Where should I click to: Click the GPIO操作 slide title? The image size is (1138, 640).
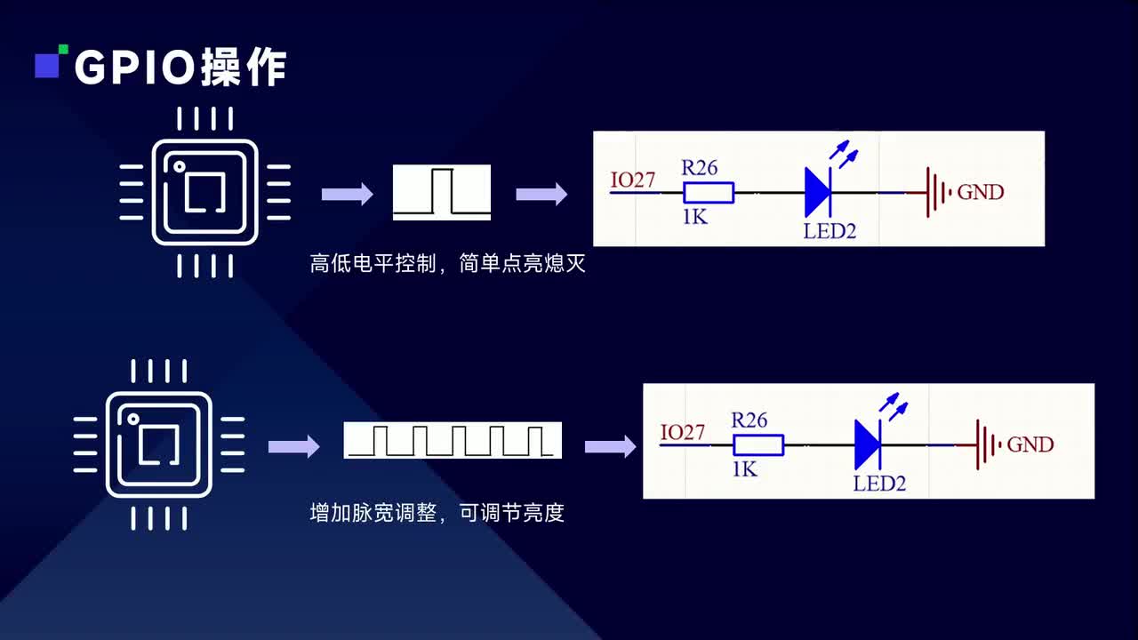[180, 68]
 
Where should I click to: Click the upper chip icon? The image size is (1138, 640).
[204, 192]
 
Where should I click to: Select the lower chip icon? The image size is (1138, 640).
[158, 445]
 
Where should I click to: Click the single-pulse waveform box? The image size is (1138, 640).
[442, 192]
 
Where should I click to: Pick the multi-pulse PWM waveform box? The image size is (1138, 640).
[453, 441]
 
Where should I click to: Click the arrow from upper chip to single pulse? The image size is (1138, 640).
[347, 194]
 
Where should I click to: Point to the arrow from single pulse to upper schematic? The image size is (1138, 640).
[541, 194]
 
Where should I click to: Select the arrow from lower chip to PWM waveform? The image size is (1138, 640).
[293, 446]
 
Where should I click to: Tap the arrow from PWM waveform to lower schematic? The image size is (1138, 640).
[610, 446]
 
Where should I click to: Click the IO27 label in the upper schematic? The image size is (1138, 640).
[633, 180]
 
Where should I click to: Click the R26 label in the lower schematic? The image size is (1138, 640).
[749, 420]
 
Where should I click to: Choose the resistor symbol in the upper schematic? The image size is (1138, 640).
[709, 192]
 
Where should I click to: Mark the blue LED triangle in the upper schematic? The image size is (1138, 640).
[817, 192]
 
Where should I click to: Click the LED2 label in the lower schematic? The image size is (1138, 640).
[879, 484]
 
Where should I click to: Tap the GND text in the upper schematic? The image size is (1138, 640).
[980, 192]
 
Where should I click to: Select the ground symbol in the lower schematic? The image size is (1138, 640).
[987, 444]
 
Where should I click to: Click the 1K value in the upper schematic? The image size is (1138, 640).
[695, 216]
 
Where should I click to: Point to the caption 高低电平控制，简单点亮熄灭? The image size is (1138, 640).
[447, 264]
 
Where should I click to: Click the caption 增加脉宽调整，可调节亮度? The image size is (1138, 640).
[437, 513]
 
